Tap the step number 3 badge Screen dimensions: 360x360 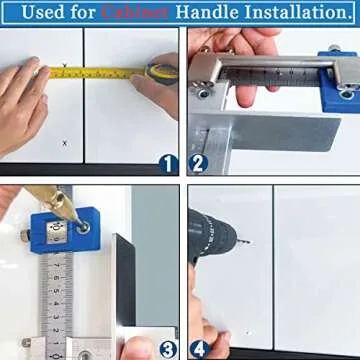point(168,349)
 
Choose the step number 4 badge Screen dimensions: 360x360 point(197,349)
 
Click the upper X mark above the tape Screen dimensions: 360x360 point(66,66)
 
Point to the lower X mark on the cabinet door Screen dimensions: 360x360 point(66,143)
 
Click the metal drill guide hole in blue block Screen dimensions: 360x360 point(82,228)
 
